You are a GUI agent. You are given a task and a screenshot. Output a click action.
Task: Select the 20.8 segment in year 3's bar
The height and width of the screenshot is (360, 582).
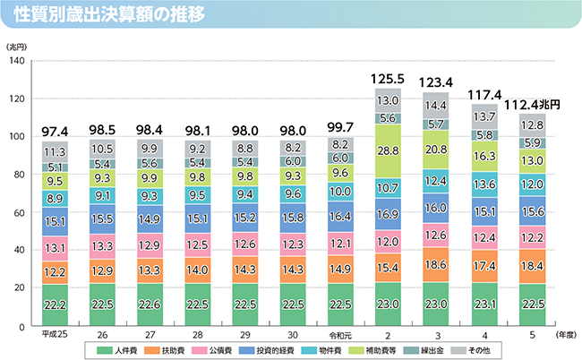pyautogui.click(x=436, y=150)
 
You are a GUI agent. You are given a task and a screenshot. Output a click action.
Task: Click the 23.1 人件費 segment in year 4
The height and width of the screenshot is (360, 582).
pyautogui.click(x=484, y=304)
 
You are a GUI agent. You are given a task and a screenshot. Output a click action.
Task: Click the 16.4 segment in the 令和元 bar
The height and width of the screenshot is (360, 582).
pyautogui.click(x=340, y=216)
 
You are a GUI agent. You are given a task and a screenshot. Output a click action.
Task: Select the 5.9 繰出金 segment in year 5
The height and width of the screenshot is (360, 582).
pyautogui.click(x=531, y=142)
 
